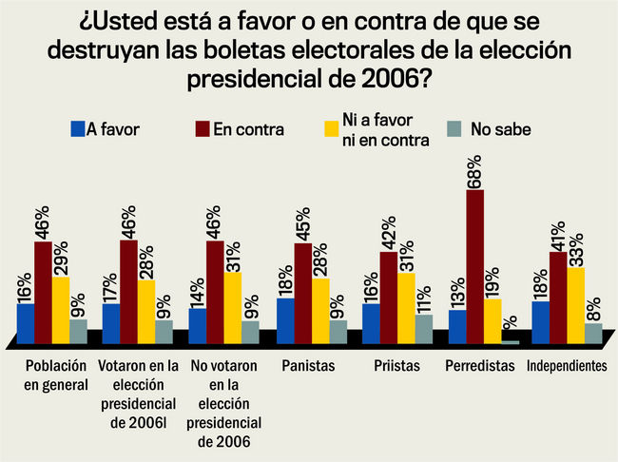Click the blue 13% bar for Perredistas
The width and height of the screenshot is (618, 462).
pyautogui.click(x=457, y=327)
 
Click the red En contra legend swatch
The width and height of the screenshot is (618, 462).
pyautogui.click(x=201, y=129)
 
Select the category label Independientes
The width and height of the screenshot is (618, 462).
pyautogui.click(x=569, y=367)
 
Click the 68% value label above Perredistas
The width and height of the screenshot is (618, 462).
pyautogui.click(x=475, y=172)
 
